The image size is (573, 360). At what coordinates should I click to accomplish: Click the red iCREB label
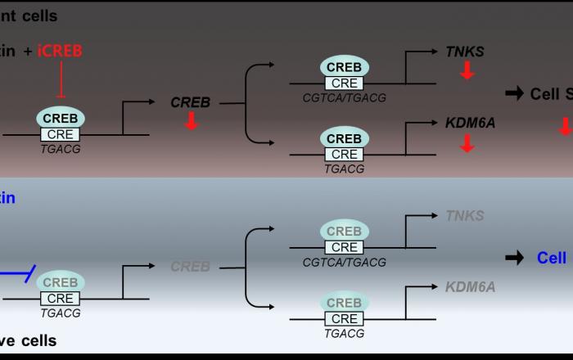(x=60, y=51)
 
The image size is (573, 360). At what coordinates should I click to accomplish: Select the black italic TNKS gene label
(x=464, y=52)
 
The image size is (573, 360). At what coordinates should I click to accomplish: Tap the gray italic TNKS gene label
(x=464, y=216)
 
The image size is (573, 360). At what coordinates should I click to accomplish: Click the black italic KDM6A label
(x=470, y=123)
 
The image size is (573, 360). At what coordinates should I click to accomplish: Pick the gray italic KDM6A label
(x=470, y=287)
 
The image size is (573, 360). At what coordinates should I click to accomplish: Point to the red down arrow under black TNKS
(x=467, y=71)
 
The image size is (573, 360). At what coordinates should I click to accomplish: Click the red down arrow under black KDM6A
(x=467, y=143)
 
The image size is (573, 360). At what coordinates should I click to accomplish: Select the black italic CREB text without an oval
(x=190, y=102)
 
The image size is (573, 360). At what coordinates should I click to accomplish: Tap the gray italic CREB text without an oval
(x=190, y=267)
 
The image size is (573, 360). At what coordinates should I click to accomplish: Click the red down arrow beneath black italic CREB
(x=191, y=121)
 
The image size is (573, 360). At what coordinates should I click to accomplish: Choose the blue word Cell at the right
(x=551, y=258)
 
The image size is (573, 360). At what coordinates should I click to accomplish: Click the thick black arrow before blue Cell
(x=514, y=258)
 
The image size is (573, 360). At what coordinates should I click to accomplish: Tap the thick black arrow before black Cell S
(x=514, y=93)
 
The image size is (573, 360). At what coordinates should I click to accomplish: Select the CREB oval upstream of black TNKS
(x=344, y=66)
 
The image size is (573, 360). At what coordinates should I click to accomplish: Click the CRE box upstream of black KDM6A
(x=344, y=154)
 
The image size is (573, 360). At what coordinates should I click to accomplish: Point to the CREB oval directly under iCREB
(x=60, y=118)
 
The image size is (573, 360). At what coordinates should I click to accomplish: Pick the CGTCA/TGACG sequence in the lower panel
(x=344, y=262)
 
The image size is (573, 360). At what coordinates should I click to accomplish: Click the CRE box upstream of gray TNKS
(x=344, y=247)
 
